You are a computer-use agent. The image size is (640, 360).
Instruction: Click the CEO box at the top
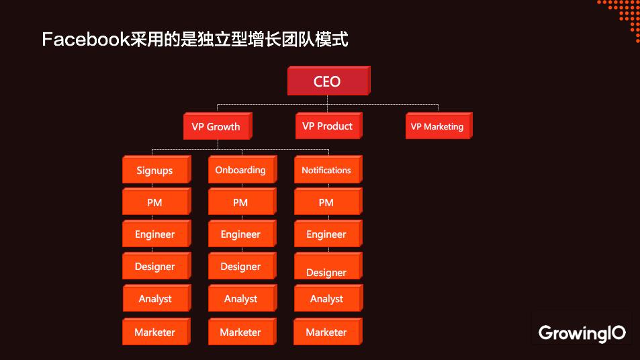[327, 81]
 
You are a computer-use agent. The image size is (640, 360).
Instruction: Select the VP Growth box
[216, 126]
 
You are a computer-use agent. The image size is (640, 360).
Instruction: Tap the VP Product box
[327, 126]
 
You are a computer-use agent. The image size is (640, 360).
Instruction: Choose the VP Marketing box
[437, 126]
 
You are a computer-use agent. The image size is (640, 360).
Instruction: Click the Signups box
[154, 170]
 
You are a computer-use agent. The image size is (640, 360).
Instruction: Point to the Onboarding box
[240, 170]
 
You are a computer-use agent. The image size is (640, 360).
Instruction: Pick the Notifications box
[326, 170]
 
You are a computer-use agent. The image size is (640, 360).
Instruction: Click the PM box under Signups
[154, 202]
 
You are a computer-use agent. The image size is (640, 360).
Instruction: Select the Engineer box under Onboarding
[240, 234]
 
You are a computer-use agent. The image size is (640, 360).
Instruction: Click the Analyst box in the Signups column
[155, 299]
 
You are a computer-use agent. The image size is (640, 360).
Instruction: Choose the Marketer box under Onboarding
[240, 332]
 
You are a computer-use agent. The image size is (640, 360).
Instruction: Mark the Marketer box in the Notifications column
[326, 332]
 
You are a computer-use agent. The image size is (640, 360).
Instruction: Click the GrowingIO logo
[582, 332]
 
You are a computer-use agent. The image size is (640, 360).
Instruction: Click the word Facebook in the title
[85, 40]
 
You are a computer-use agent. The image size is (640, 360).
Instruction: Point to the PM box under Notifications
[326, 202]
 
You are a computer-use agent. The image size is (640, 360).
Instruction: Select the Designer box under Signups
[154, 267]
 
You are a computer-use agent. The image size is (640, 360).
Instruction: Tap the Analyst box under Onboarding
[240, 299]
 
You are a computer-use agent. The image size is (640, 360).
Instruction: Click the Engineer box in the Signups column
[154, 234]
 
